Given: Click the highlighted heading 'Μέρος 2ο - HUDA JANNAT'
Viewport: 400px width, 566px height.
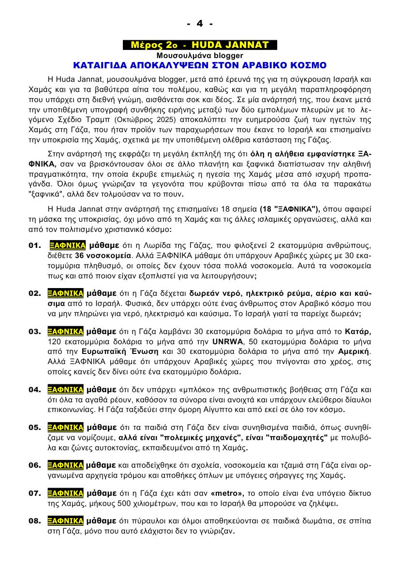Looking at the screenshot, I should coord(200,45).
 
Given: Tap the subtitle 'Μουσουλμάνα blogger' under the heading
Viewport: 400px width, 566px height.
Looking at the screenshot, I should coord(200,55).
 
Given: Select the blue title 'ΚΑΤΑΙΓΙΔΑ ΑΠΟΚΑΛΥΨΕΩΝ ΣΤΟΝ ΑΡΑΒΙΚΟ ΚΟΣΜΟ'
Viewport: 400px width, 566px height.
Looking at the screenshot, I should coord(200,65).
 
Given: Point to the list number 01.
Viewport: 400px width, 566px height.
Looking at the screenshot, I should coord(35,245).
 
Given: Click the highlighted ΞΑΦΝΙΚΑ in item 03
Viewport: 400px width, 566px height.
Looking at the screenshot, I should coord(66,331).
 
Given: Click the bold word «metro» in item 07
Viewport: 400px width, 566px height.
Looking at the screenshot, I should coord(228,493).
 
